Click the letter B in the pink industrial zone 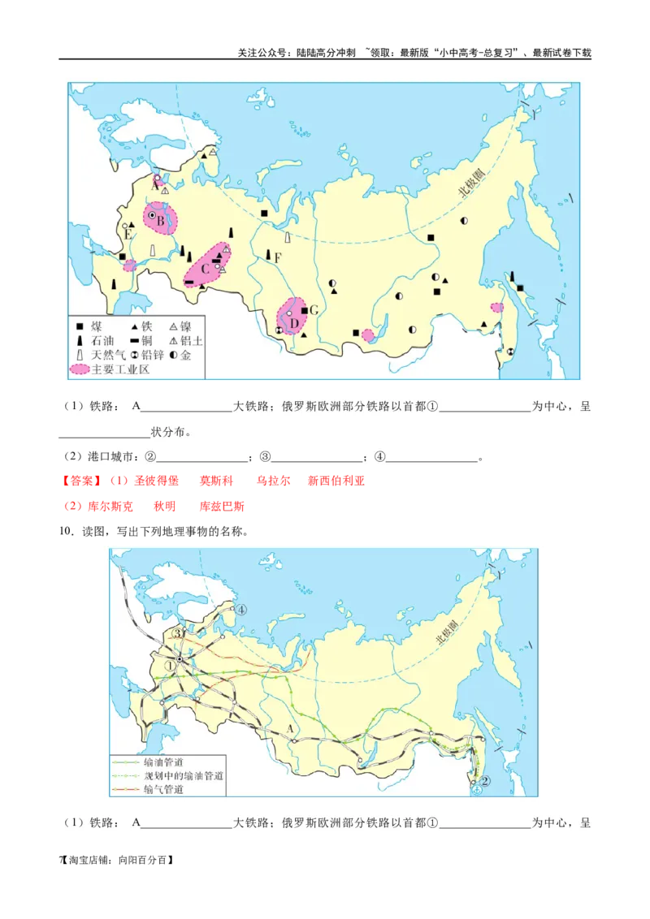pos(161,220)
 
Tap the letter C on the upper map pos(206,269)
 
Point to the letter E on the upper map pos(128,235)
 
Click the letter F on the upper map pos(277,258)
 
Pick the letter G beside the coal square pos(314,311)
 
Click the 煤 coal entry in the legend pos(96,326)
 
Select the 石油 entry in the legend pos(102,341)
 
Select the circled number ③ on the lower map pos(179,634)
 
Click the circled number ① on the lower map pos(170,665)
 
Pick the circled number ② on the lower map pos(485,781)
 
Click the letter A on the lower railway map pos(288,727)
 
